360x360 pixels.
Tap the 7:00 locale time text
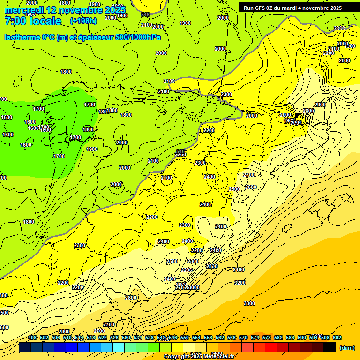33,21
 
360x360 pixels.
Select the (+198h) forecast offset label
83,21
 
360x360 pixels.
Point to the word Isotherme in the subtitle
22,37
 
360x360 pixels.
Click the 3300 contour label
249,303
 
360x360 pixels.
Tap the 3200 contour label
240,283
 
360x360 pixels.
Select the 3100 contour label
239,270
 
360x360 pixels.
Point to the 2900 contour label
320,105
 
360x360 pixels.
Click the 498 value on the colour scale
32,337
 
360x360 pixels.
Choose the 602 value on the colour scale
337,337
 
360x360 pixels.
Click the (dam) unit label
347,348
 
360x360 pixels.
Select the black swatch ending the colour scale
330,347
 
